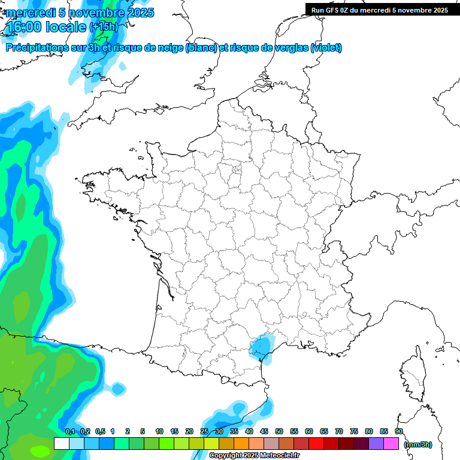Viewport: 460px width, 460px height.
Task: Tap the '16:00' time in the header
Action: coord(23,27)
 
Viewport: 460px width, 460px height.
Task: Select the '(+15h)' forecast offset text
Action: coord(104,26)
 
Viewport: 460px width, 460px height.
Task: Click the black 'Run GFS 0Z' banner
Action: coord(379,10)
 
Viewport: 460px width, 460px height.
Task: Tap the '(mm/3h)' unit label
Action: coord(417,444)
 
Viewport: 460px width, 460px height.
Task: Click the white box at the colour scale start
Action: coord(61,444)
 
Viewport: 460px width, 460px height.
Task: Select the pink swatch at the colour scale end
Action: coord(391,444)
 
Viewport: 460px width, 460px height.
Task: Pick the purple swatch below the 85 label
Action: coord(376,444)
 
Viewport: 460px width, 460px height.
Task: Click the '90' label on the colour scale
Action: coord(399,431)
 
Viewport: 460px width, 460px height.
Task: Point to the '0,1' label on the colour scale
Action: coord(69,431)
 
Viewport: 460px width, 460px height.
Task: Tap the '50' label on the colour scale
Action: coord(279,431)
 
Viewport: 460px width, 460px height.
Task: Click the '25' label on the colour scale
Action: coord(204,431)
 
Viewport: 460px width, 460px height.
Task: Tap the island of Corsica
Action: coord(413,374)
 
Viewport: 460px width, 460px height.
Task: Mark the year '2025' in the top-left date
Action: coord(136,13)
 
